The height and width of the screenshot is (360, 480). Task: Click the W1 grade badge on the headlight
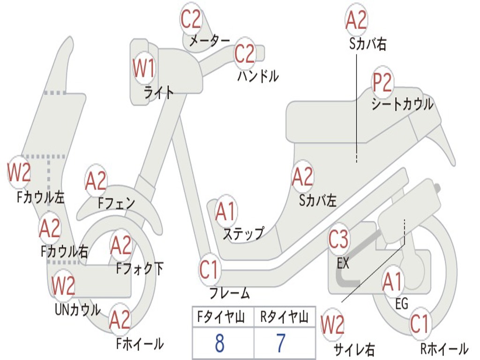(143, 68)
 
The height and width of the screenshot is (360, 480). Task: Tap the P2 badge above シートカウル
(382, 82)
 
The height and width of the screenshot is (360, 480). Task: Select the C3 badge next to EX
(338, 239)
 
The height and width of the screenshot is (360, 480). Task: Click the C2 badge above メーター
(191, 19)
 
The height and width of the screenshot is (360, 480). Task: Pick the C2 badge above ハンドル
(245, 53)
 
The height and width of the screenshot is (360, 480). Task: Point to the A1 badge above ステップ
(225, 211)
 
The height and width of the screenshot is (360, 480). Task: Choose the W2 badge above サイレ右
(332, 324)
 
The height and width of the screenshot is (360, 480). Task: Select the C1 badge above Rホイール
(419, 324)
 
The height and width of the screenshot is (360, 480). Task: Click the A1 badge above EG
(392, 282)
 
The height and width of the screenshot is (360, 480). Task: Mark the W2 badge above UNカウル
(63, 285)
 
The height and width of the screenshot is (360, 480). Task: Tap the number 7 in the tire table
(281, 343)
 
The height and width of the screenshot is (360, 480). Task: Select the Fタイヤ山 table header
(221, 316)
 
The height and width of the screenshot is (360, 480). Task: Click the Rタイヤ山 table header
(285, 316)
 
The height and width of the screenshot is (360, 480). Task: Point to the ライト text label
(159, 92)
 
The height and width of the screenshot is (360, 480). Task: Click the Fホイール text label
(140, 344)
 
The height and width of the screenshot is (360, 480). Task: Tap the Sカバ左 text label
(318, 200)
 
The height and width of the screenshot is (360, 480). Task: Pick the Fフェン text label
(116, 202)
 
